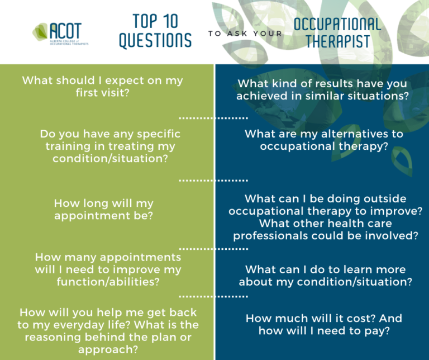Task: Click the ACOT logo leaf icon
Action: [40, 31]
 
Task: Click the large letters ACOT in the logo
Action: [66, 30]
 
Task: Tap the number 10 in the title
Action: [170, 22]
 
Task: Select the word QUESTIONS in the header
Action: [155, 40]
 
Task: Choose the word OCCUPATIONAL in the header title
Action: [337, 24]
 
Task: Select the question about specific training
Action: [110, 146]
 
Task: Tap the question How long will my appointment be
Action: [103, 210]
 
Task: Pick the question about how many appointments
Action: [108, 269]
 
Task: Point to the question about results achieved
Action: [322, 89]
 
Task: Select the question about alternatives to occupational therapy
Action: [324, 140]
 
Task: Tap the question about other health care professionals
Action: [326, 229]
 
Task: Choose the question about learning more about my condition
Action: [326, 276]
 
